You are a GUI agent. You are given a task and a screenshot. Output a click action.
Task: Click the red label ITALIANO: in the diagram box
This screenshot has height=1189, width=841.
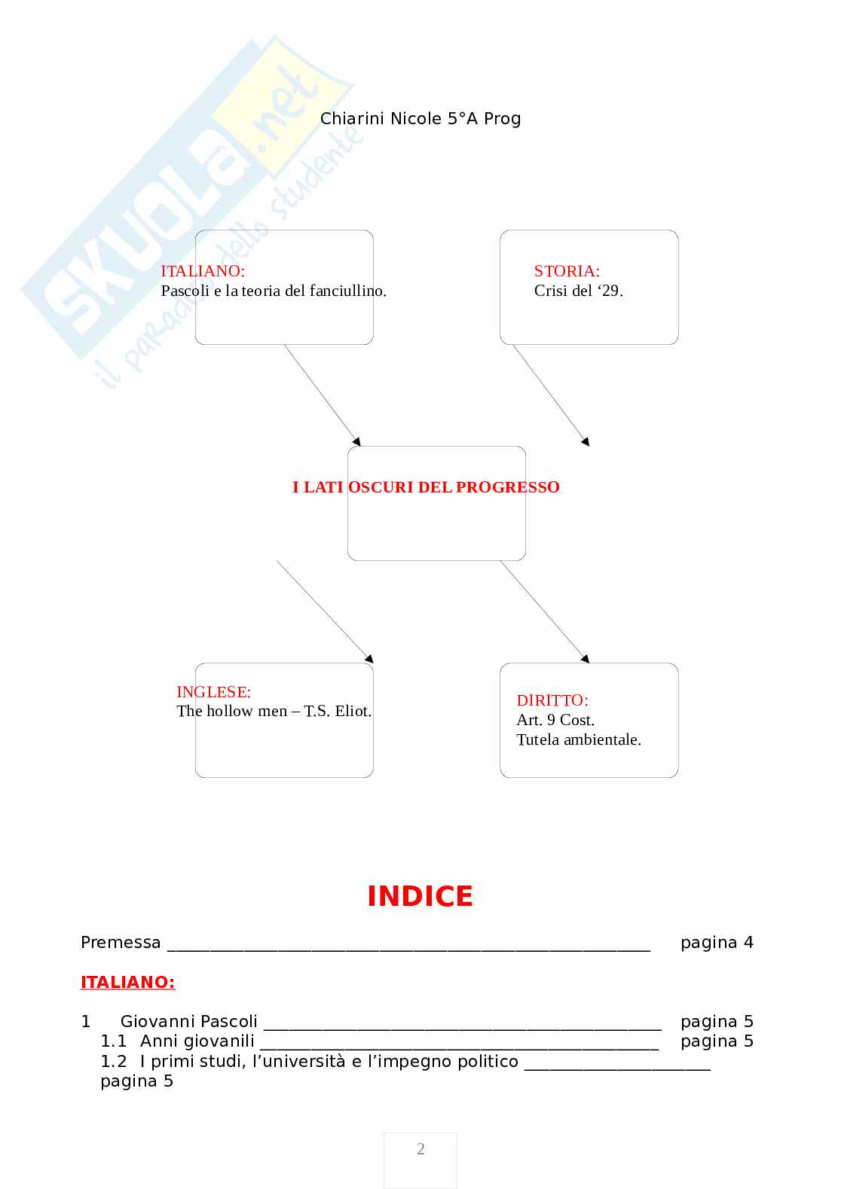point(203,271)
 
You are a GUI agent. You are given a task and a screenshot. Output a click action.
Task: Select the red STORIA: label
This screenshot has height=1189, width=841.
point(567,271)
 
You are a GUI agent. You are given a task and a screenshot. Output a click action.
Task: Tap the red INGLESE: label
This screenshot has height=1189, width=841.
point(213,692)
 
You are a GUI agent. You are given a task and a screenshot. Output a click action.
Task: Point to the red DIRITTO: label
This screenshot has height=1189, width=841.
point(552,700)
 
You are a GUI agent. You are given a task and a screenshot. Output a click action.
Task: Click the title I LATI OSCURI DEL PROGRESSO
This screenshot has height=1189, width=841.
point(426,487)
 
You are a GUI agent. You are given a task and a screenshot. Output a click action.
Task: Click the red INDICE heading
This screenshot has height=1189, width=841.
point(420,896)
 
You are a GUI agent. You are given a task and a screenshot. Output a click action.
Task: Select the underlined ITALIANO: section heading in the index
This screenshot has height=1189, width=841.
point(127,982)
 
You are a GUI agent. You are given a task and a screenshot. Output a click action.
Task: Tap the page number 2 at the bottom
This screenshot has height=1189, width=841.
point(420,1149)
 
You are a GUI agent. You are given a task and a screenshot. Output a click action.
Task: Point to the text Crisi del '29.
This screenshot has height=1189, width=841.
point(578,291)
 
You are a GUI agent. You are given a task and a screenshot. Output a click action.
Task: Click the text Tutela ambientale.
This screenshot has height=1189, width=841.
point(578,739)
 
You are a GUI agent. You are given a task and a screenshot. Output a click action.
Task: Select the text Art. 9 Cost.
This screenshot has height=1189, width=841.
point(555,720)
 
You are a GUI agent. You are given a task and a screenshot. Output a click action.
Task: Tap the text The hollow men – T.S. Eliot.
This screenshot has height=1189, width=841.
point(274,711)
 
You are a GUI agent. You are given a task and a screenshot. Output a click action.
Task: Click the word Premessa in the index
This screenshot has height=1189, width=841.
point(121,943)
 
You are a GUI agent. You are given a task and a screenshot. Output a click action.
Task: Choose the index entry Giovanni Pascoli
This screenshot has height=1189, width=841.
point(188,1022)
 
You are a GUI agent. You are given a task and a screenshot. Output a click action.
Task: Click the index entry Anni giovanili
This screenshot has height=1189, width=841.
point(197,1041)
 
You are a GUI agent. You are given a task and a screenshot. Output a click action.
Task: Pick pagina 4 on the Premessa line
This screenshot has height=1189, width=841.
point(716,943)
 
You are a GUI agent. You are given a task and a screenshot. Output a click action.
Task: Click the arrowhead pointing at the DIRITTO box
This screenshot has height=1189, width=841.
point(586,659)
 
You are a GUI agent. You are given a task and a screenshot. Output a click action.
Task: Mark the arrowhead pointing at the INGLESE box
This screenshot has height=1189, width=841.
point(369,659)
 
